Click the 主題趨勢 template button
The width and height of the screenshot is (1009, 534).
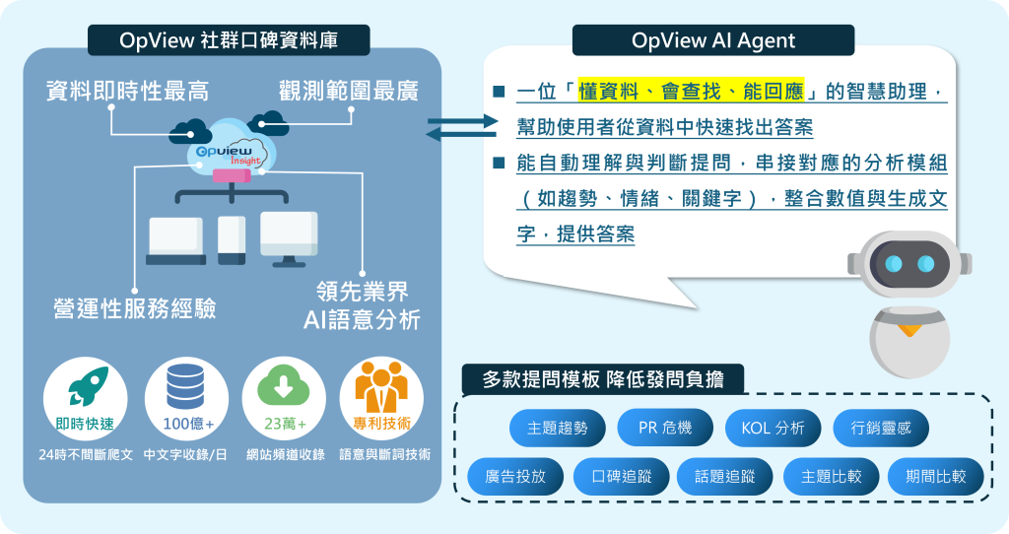[558, 428]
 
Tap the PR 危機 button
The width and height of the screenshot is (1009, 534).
[665, 428]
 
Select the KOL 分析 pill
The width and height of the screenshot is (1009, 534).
[773, 428]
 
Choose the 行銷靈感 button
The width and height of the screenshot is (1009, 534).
[881, 428]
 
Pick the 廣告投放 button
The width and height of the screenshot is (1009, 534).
[515, 477]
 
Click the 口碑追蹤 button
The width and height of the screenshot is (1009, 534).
[622, 477]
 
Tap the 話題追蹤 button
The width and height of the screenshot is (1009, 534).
[725, 477]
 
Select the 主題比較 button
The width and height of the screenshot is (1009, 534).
[832, 477]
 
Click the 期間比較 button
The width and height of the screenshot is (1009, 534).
[936, 477]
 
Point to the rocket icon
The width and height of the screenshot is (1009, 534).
[88, 386]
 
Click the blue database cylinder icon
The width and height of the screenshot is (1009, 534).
[185, 386]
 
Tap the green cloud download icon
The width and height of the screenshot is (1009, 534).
[284, 386]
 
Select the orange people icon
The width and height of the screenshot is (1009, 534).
[381, 386]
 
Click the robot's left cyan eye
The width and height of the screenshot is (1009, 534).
[893, 264]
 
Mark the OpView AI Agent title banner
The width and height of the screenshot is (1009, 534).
[713, 40]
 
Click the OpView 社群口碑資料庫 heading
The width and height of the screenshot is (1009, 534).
[229, 40]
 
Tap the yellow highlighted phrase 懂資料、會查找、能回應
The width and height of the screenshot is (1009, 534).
[691, 92]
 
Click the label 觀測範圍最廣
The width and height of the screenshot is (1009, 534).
[349, 91]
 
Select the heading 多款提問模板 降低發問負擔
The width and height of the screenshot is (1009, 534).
[603, 379]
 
